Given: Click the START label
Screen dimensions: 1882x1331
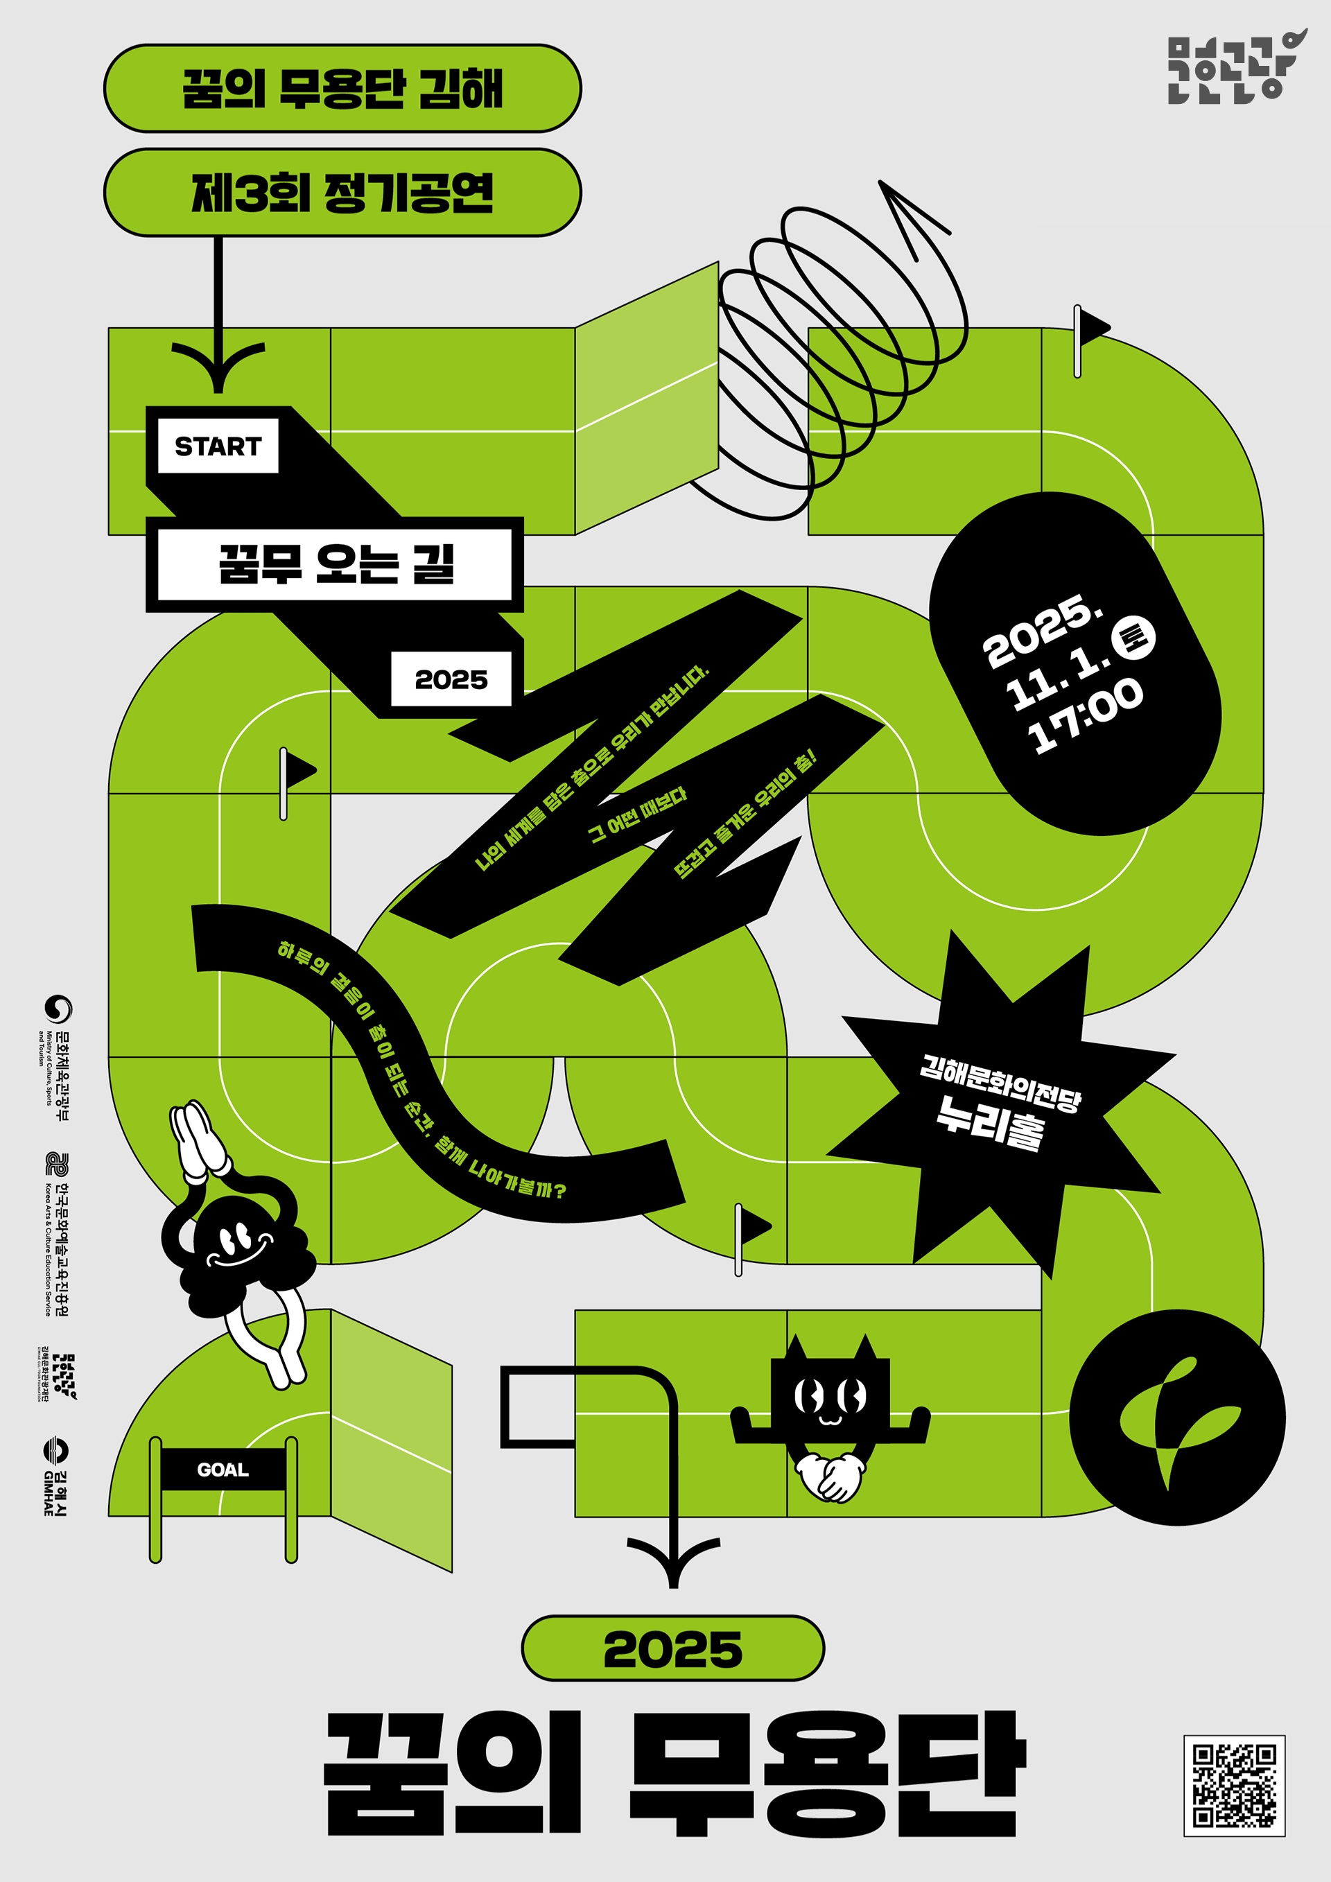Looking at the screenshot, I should pyautogui.click(x=217, y=446).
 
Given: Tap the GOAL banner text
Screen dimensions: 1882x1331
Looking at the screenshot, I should pyautogui.click(x=222, y=1470).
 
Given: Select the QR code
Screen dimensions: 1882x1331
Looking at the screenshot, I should pyautogui.click(x=1233, y=1785).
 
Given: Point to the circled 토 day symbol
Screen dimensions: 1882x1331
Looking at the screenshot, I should pyautogui.click(x=1133, y=637).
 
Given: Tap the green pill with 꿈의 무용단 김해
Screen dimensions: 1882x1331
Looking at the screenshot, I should pyautogui.click(x=342, y=89).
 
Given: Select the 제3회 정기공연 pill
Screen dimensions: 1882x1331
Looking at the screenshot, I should pyautogui.click(x=342, y=193).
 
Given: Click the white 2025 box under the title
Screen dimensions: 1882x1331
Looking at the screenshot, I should pyautogui.click(x=451, y=679).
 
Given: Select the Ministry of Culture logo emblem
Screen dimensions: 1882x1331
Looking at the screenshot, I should pyautogui.click(x=58, y=1009).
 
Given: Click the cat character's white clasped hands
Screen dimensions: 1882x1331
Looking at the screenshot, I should pyautogui.click(x=829, y=1476).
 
